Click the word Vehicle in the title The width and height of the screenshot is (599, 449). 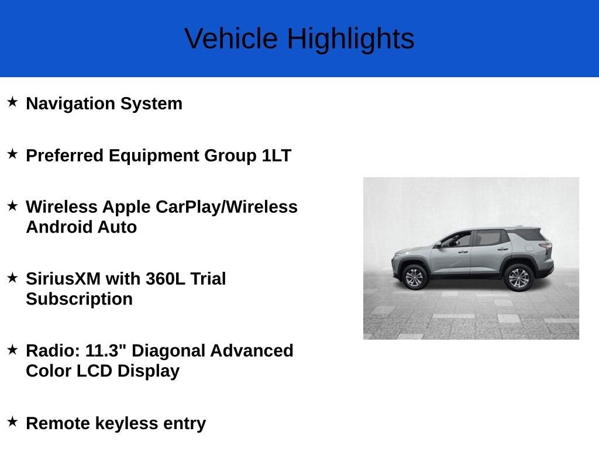tap(230, 39)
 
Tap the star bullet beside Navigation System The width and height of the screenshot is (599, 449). tap(13, 102)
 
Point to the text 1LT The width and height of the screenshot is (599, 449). tap(277, 156)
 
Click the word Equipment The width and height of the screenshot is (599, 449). tap(154, 156)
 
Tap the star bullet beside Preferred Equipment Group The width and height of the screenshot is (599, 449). tap(13, 154)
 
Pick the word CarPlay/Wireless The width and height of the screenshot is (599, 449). tap(226, 208)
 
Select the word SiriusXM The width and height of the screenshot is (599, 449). tap(63, 279)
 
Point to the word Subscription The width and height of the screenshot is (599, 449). tap(79, 299)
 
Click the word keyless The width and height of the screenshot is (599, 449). tap(126, 423)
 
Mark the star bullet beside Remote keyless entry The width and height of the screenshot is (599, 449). tap(13, 422)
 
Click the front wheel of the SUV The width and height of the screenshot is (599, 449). tap(415, 277)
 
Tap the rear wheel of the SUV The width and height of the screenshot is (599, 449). tap(518, 278)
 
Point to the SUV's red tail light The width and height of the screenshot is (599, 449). tap(546, 248)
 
